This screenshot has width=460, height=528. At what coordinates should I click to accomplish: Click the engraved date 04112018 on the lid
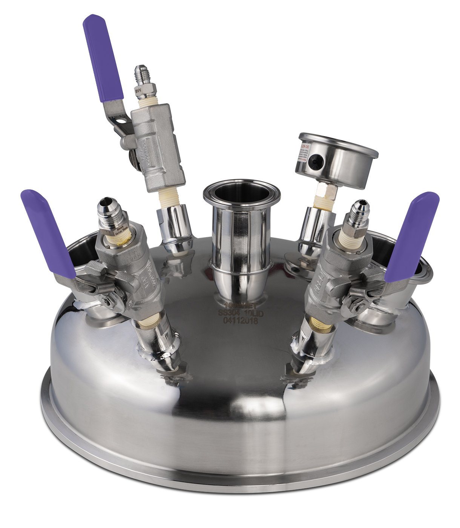tap(240, 321)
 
